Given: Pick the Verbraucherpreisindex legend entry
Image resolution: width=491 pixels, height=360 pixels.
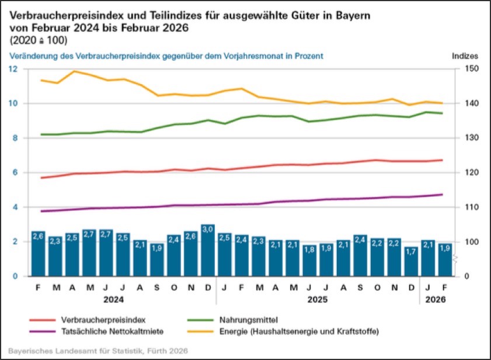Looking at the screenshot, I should tap(95, 320).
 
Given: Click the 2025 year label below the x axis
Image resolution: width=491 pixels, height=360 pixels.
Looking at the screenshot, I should tap(318, 299).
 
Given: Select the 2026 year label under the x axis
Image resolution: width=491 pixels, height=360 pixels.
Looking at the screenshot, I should tap(436, 299).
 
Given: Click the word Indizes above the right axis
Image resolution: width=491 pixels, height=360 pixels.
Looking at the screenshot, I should tap(465, 56).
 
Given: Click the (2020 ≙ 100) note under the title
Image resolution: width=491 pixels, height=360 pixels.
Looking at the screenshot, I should tap(39, 40).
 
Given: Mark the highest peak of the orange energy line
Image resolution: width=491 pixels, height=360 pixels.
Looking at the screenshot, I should tap(74, 71).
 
